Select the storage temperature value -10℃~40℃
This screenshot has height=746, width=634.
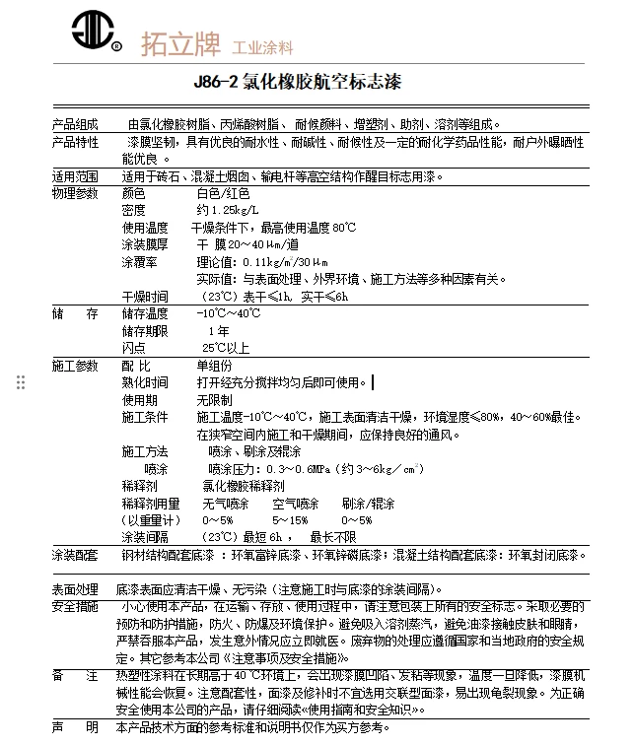[229, 313]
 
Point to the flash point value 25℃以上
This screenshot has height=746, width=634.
[225, 348]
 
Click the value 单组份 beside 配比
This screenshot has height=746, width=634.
[216, 366]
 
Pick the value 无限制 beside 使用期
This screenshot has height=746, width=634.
[215, 400]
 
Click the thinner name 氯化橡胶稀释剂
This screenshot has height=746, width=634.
[243, 486]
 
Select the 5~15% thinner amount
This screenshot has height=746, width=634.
[290, 519]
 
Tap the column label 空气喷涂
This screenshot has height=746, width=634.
[296, 503]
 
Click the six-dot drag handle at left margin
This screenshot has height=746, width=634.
[21, 382]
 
